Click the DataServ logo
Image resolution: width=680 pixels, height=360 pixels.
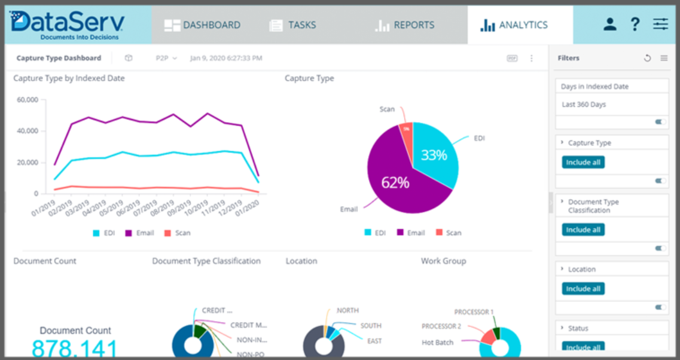click(x=67, y=25)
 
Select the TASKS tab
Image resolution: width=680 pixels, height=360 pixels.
click(x=292, y=25)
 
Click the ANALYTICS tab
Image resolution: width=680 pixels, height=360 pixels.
click(x=514, y=25)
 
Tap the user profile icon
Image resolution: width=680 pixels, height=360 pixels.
click(x=609, y=25)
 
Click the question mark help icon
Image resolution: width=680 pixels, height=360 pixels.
click(x=635, y=25)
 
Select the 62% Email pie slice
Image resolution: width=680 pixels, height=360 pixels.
click(x=395, y=182)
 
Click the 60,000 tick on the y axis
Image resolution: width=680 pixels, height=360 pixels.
click(x=28, y=100)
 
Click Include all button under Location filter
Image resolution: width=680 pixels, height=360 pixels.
click(x=583, y=289)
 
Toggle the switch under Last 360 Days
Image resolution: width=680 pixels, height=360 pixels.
click(x=660, y=122)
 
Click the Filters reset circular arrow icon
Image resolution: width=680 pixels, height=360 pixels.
click(x=647, y=58)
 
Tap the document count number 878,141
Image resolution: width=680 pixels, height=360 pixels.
click(x=74, y=349)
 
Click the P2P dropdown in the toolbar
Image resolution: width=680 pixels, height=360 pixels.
click(x=166, y=58)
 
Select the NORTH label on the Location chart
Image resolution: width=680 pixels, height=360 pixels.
click(x=347, y=310)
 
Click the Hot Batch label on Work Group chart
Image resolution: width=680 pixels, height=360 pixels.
click(x=437, y=343)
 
